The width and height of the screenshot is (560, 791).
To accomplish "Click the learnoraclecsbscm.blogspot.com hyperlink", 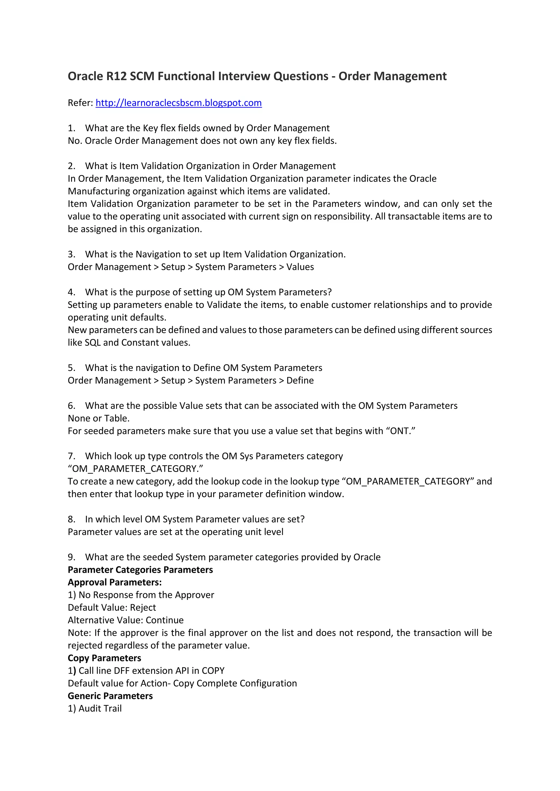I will (179, 103).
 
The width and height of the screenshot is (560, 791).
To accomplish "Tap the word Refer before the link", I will (80, 103).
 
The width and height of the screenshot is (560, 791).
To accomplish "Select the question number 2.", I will (71, 166).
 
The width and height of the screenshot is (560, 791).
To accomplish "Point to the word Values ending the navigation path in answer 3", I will (300, 267).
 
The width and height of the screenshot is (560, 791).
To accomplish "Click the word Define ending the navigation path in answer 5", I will (300, 380).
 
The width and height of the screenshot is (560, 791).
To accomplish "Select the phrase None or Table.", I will (99, 418).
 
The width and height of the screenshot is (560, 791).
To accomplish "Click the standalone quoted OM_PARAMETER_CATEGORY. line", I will (136, 469).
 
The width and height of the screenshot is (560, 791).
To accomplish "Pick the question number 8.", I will (71, 519).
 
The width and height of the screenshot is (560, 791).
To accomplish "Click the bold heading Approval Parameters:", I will (115, 582).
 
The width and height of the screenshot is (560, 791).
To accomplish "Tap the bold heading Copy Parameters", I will (104, 658).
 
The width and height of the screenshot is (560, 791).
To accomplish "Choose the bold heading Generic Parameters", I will (110, 696).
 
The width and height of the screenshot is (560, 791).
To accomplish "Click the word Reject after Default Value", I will (143, 607).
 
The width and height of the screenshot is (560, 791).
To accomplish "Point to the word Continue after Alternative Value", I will (165, 620).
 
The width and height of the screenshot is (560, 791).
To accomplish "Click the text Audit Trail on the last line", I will (100, 709).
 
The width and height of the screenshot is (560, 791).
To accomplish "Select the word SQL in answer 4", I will (93, 343).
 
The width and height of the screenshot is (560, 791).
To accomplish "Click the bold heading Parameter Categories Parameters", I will (140, 570).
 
